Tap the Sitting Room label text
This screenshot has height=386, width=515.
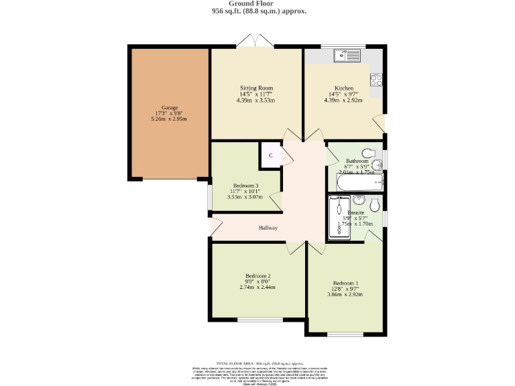(257, 88)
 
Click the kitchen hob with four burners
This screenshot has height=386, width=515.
(376, 80)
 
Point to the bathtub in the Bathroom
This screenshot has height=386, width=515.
(359, 182)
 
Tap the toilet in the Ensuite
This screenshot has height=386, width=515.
(376, 204)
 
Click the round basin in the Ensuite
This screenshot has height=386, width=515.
(359, 200)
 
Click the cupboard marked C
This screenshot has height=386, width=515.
(270, 155)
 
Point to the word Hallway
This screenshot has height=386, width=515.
(268, 228)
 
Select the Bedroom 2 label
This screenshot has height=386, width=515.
(258, 276)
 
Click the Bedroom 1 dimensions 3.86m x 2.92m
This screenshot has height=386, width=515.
(346, 294)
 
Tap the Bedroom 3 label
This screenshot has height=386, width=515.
(246, 186)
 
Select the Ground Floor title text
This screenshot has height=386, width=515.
(258, 4)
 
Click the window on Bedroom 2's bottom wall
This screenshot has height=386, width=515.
(261, 320)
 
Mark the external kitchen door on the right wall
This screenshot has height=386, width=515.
(380, 123)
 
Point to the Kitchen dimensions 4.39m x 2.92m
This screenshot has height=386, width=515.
(344, 101)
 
